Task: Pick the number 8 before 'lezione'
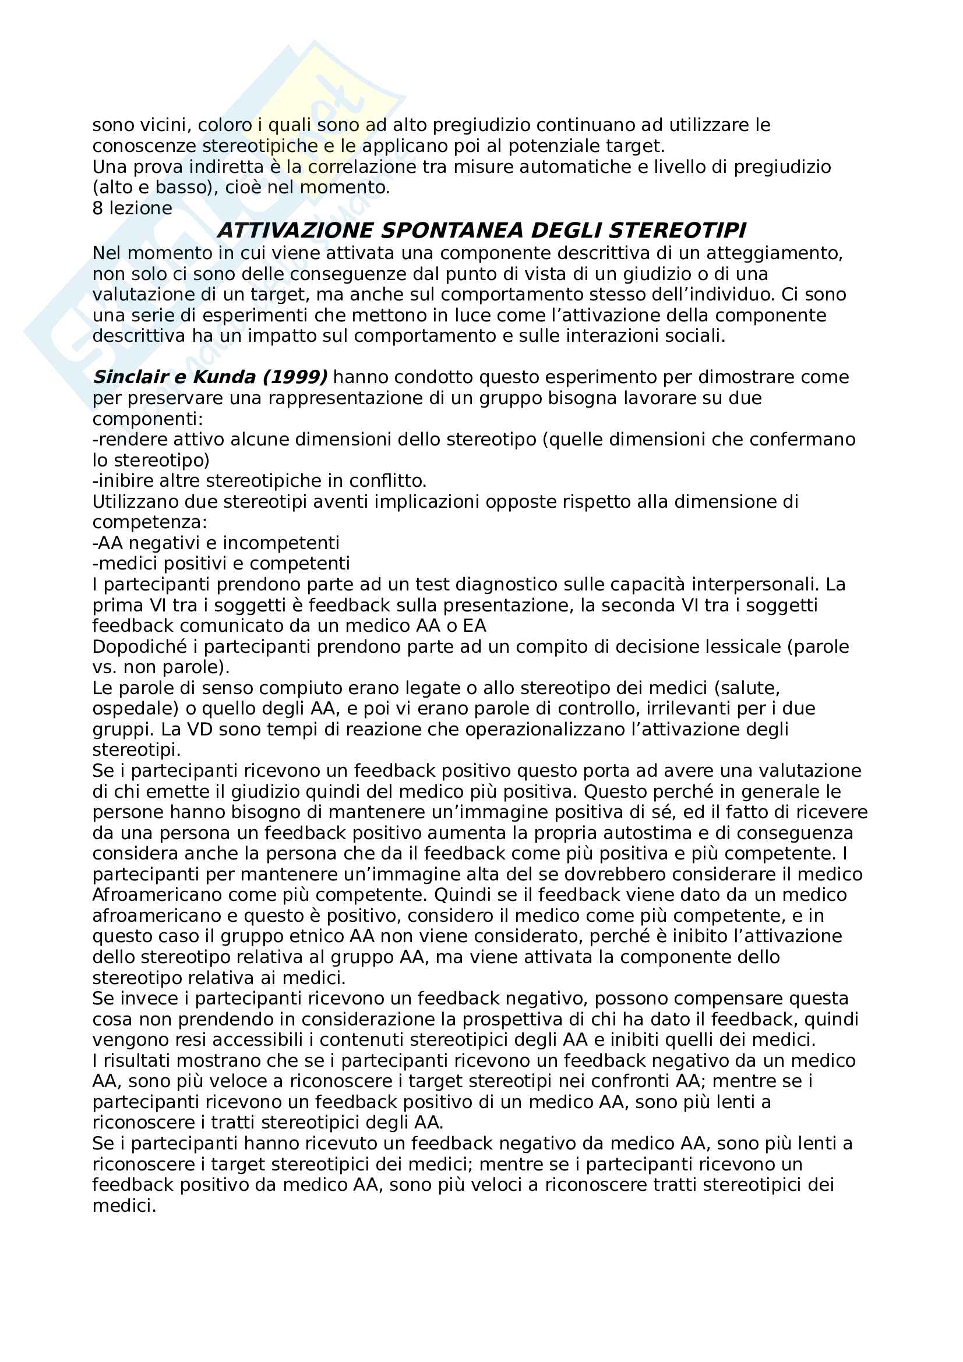coord(98,208)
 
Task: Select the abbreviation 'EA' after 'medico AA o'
coord(475,626)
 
